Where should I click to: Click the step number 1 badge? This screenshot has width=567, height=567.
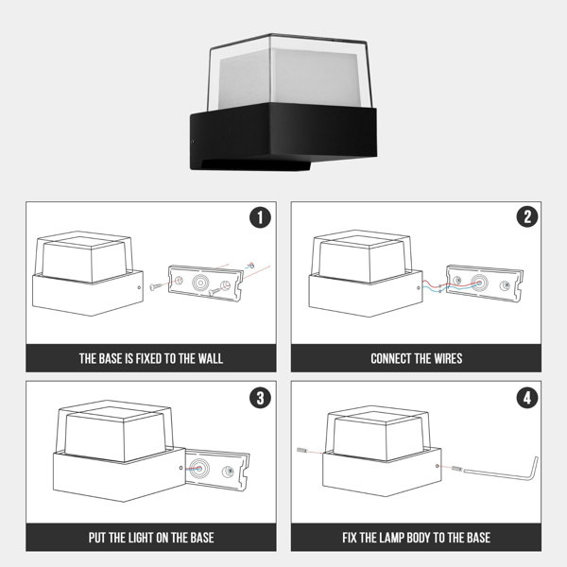tap(260, 217)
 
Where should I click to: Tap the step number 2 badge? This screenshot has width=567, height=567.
tap(527, 216)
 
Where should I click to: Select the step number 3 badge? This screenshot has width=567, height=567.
tap(261, 398)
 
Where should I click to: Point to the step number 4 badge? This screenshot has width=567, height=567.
tap(527, 398)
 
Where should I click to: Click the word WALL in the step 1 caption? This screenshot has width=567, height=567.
tap(210, 358)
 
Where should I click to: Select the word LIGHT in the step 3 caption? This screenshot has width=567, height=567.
tap(139, 538)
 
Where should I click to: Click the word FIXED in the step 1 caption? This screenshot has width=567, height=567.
tap(148, 358)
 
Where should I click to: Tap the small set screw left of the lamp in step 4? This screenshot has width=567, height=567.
tap(302, 451)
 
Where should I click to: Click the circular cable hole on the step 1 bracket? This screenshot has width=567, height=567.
tap(200, 283)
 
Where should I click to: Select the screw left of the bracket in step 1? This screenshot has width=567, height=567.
tap(156, 286)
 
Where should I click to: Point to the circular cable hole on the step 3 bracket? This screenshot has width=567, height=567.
tap(199, 469)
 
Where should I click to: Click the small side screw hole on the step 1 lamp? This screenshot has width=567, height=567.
tap(140, 287)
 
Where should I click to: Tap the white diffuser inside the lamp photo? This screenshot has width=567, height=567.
tap(289, 77)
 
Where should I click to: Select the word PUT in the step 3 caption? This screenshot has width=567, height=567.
tap(96, 538)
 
